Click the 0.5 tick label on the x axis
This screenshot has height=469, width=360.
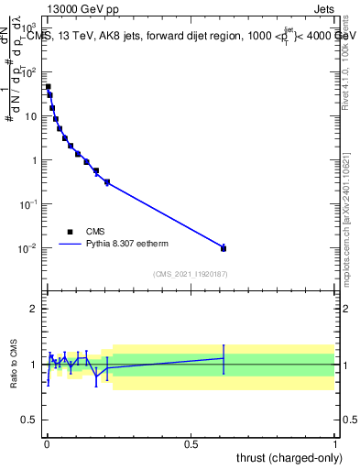[191, 443]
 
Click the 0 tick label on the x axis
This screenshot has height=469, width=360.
[47, 443]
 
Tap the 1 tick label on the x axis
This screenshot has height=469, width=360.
[335, 443]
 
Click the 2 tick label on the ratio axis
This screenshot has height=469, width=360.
[34, 309]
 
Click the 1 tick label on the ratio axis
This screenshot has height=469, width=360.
[34, 365]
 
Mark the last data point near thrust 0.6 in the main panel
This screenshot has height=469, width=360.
[224, 247]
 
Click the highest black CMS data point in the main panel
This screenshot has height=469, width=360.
[49, 87]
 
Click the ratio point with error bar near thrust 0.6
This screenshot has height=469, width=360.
[224, 358]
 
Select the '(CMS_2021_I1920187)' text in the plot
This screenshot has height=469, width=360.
[191, 273]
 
